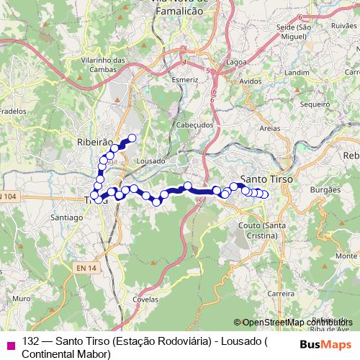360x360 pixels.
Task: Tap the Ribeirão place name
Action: coord(94,143)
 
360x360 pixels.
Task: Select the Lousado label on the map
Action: coord(150,161)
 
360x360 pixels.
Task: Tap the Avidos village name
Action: coord(251,81)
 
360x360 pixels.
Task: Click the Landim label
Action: coord(296,73)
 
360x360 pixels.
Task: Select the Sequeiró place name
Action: coord(314,104)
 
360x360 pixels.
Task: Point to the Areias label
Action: coord(270,127)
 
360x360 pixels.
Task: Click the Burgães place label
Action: coord(323,190)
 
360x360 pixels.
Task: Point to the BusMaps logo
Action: coord(325,343)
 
